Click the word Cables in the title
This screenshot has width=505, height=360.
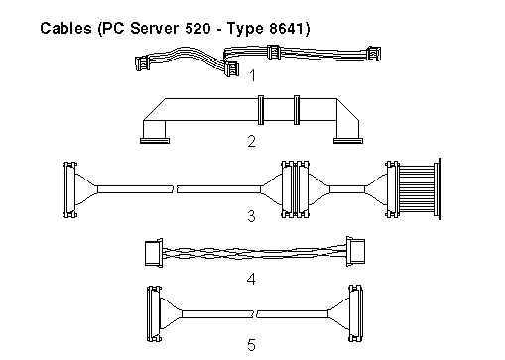(x=65, y=28)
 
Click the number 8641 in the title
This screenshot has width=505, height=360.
(x=286, y=28)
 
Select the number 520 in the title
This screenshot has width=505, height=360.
(x=197, y=28)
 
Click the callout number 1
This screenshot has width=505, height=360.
(x=252, y=75)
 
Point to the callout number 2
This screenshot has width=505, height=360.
(x=252, y=141)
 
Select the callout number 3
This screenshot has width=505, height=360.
(x=251, y=216)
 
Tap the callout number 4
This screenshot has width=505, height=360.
(x=251, y=279)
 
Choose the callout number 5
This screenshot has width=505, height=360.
(x=251, y=345)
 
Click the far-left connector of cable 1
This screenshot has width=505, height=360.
(x=142, y=62)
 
